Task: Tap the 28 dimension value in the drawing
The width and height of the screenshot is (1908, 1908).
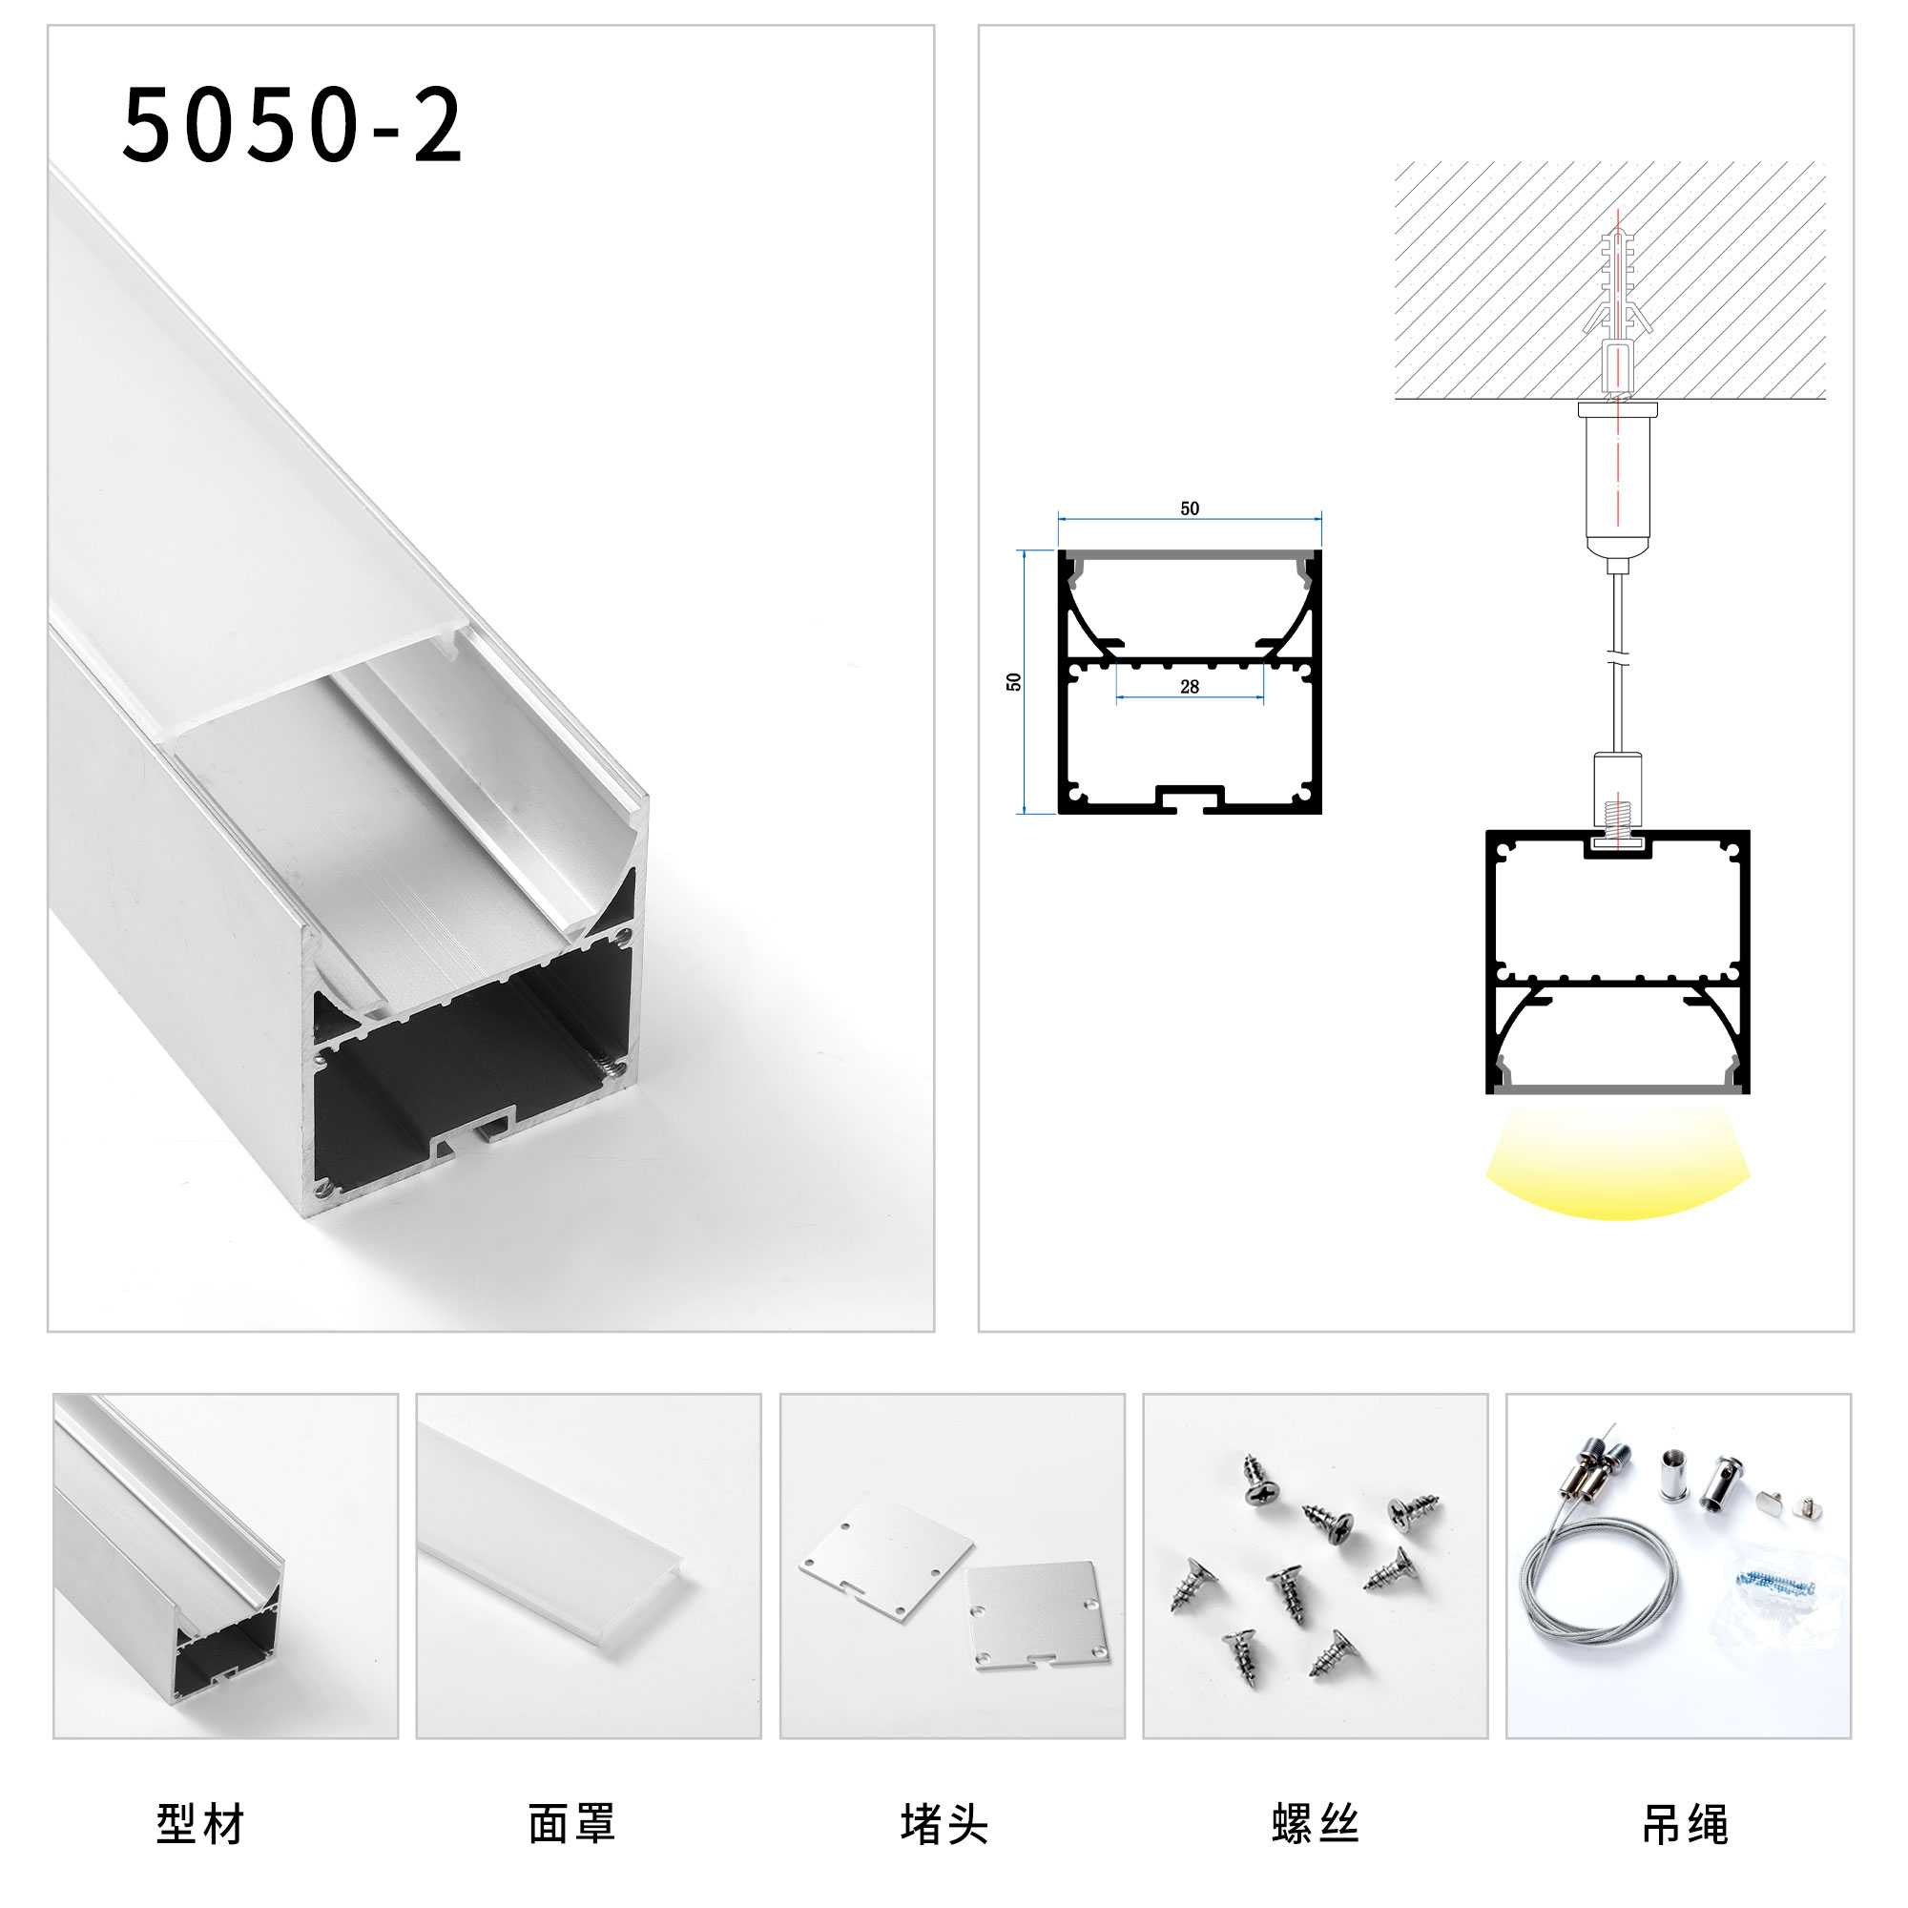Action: tap(1189, 686)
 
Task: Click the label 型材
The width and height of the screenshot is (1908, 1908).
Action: tap(200, 1824)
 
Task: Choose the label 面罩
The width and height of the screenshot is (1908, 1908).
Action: tap(571, 1824)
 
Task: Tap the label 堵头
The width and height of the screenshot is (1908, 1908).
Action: tap(944, 1824)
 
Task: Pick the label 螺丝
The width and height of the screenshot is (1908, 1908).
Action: tap(1316, 1824)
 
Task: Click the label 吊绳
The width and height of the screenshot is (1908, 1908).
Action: tap(1686, 1824)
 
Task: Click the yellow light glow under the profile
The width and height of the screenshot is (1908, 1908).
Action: tap(1618, 1166)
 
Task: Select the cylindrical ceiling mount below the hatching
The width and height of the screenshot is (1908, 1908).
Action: tap(1618, 484)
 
